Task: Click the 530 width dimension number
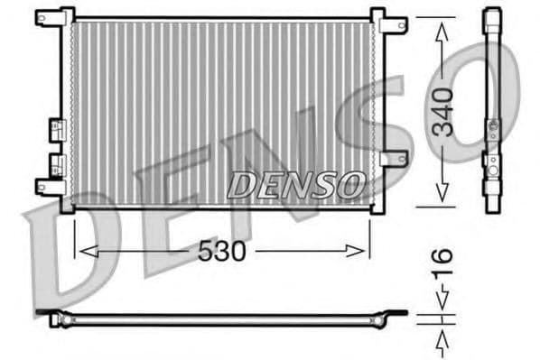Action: click(x=221, y=252)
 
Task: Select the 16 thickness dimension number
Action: click(x=442, y=266)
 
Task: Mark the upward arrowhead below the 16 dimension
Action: click(x=442, y=340)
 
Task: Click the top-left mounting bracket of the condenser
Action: click(x=54, y=17)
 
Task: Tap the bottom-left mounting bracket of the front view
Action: click(x=51, y=187)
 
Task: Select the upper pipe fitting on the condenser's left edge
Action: click(x=56, y=128)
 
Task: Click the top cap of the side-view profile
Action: click(x=491, y=18)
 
